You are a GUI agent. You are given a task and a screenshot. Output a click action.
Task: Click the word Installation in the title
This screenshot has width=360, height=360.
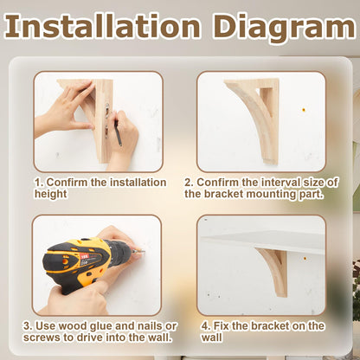[x=103, y=26]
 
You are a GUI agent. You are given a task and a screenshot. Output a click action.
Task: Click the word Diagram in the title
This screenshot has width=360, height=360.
[x=284, y=28]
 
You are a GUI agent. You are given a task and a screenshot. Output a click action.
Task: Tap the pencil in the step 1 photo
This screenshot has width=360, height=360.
[x=118, y=133]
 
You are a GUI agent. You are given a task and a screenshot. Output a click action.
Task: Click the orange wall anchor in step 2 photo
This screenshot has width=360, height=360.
[x=304, y=110]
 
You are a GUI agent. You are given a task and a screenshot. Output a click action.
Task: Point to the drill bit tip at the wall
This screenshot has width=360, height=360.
[x=144, y=253]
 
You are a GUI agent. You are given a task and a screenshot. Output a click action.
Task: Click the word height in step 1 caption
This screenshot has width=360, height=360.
[x=51, y=194]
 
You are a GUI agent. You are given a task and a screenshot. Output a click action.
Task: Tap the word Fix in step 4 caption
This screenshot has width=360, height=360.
[x=221, y=326]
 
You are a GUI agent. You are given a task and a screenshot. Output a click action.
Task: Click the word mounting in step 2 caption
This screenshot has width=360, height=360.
[x=271, y=194]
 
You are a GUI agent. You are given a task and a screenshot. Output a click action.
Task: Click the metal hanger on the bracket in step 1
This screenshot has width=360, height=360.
[x=107, y=119]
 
